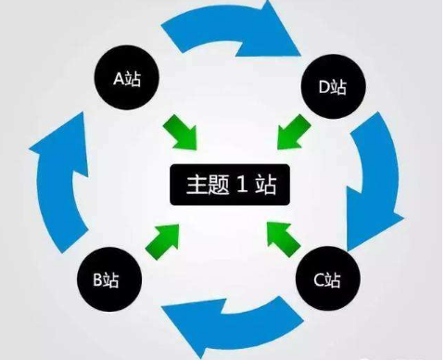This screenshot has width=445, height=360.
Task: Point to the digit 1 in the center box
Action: pos(238,185)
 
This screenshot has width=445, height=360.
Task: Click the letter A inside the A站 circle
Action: pos(118,80)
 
